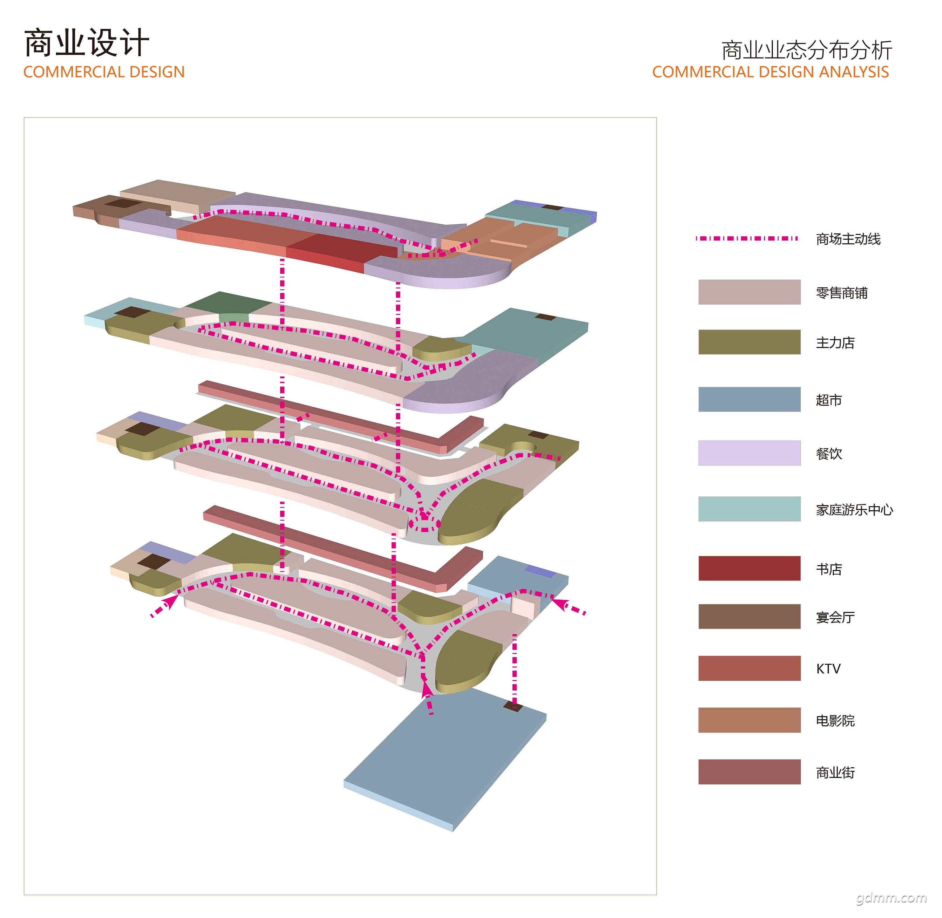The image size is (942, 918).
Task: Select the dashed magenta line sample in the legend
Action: pyautogui.click(x=746, y=238)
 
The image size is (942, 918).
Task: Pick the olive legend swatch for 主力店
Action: pyautogui.click(x=749, y=342)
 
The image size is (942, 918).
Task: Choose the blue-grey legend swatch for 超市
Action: pyautogui.click(x=749, y=399)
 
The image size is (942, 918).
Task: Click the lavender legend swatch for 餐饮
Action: pyautogui.click(x=749, y=453)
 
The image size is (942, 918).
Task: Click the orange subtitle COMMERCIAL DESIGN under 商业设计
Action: pyautogui.click(x=104, y=72)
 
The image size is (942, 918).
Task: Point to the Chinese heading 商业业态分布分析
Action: pyautogui.click(x=806, y=50)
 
